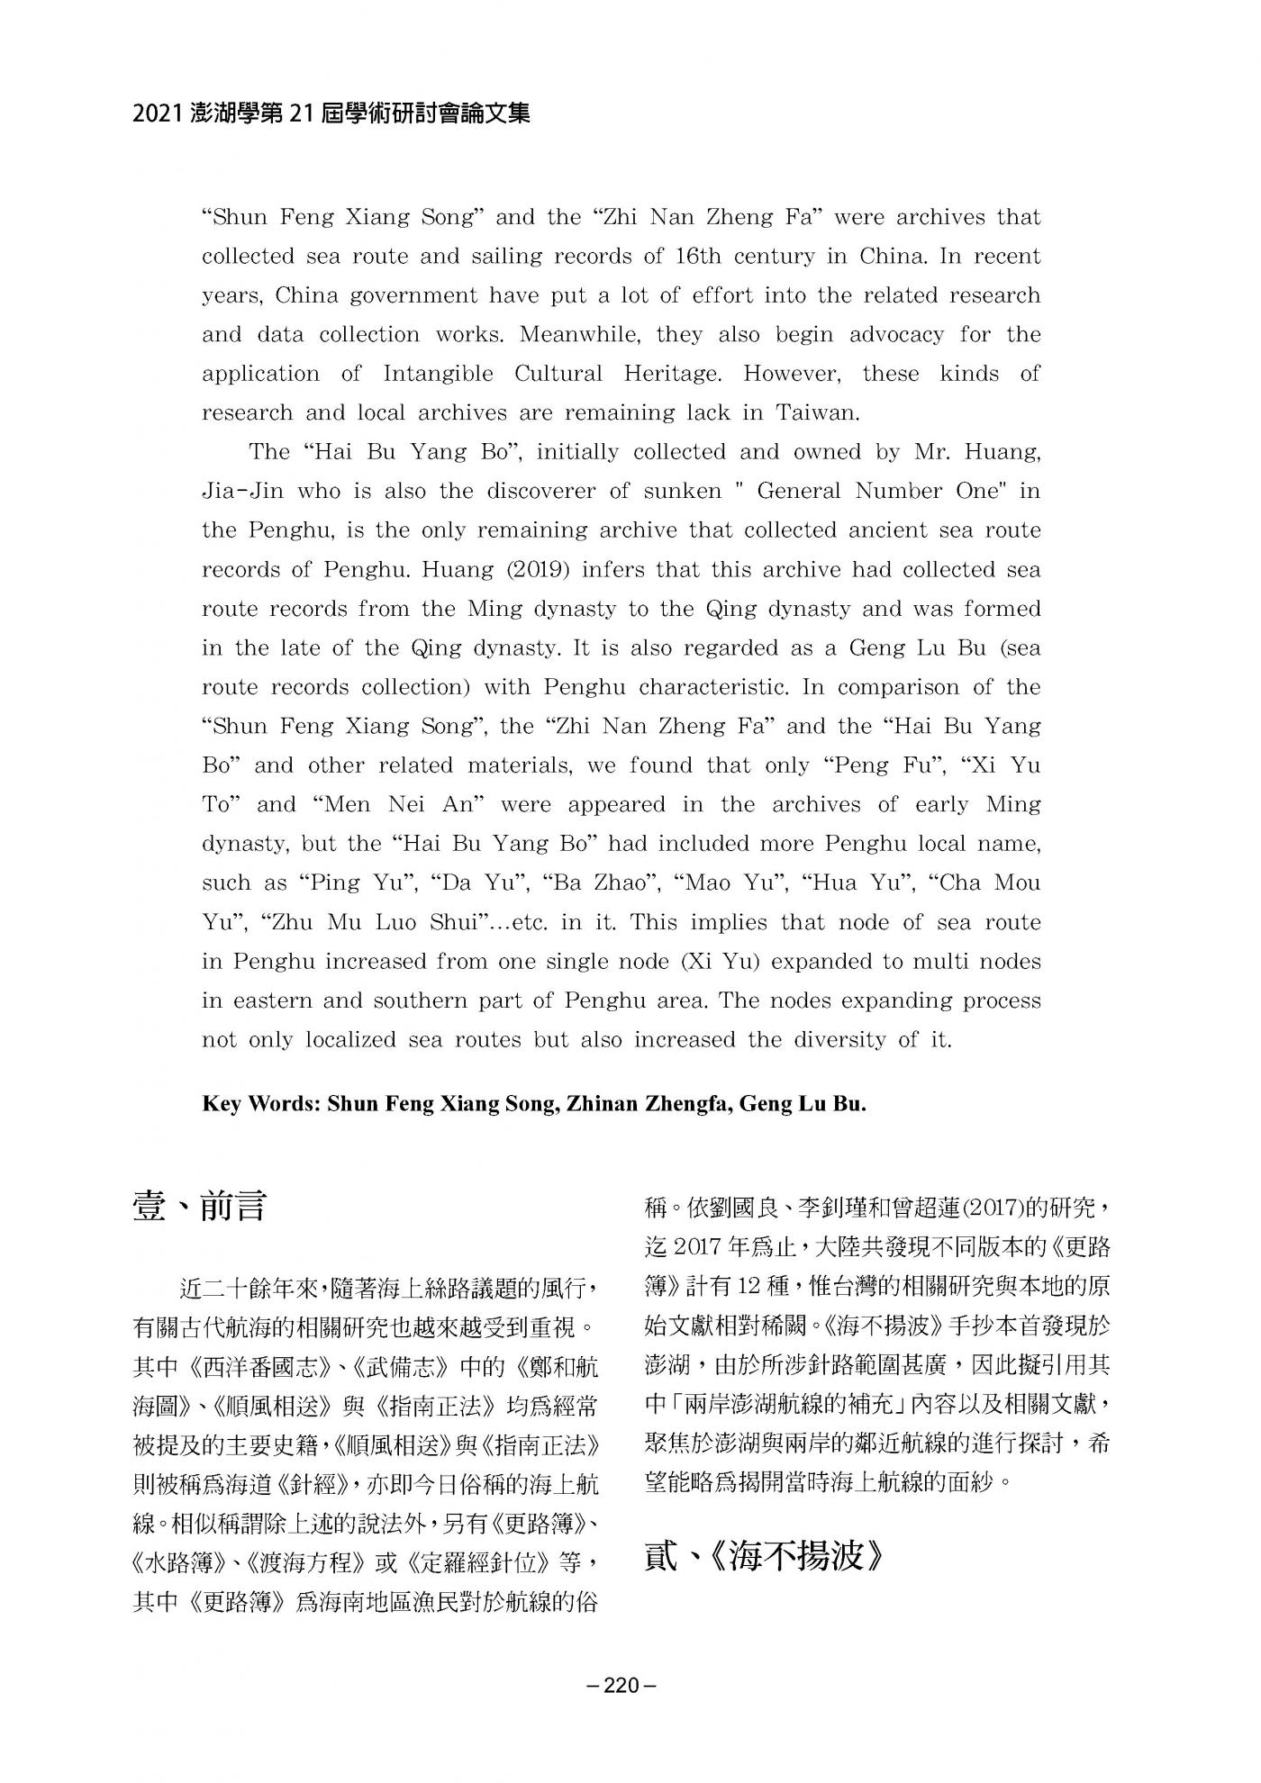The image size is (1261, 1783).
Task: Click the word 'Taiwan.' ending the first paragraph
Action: [x=817, y=412]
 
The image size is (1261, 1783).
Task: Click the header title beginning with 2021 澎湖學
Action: [x=331, y=113]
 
